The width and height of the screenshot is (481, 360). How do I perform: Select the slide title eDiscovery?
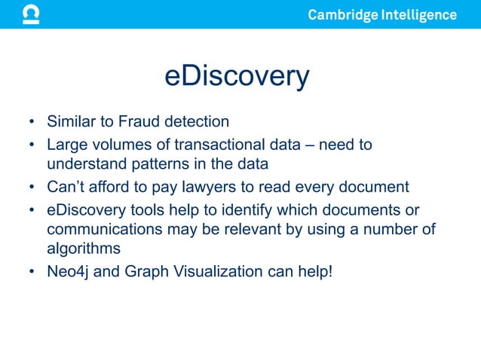tap(237, 77)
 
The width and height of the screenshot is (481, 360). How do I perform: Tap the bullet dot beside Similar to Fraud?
tap(32, 122)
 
